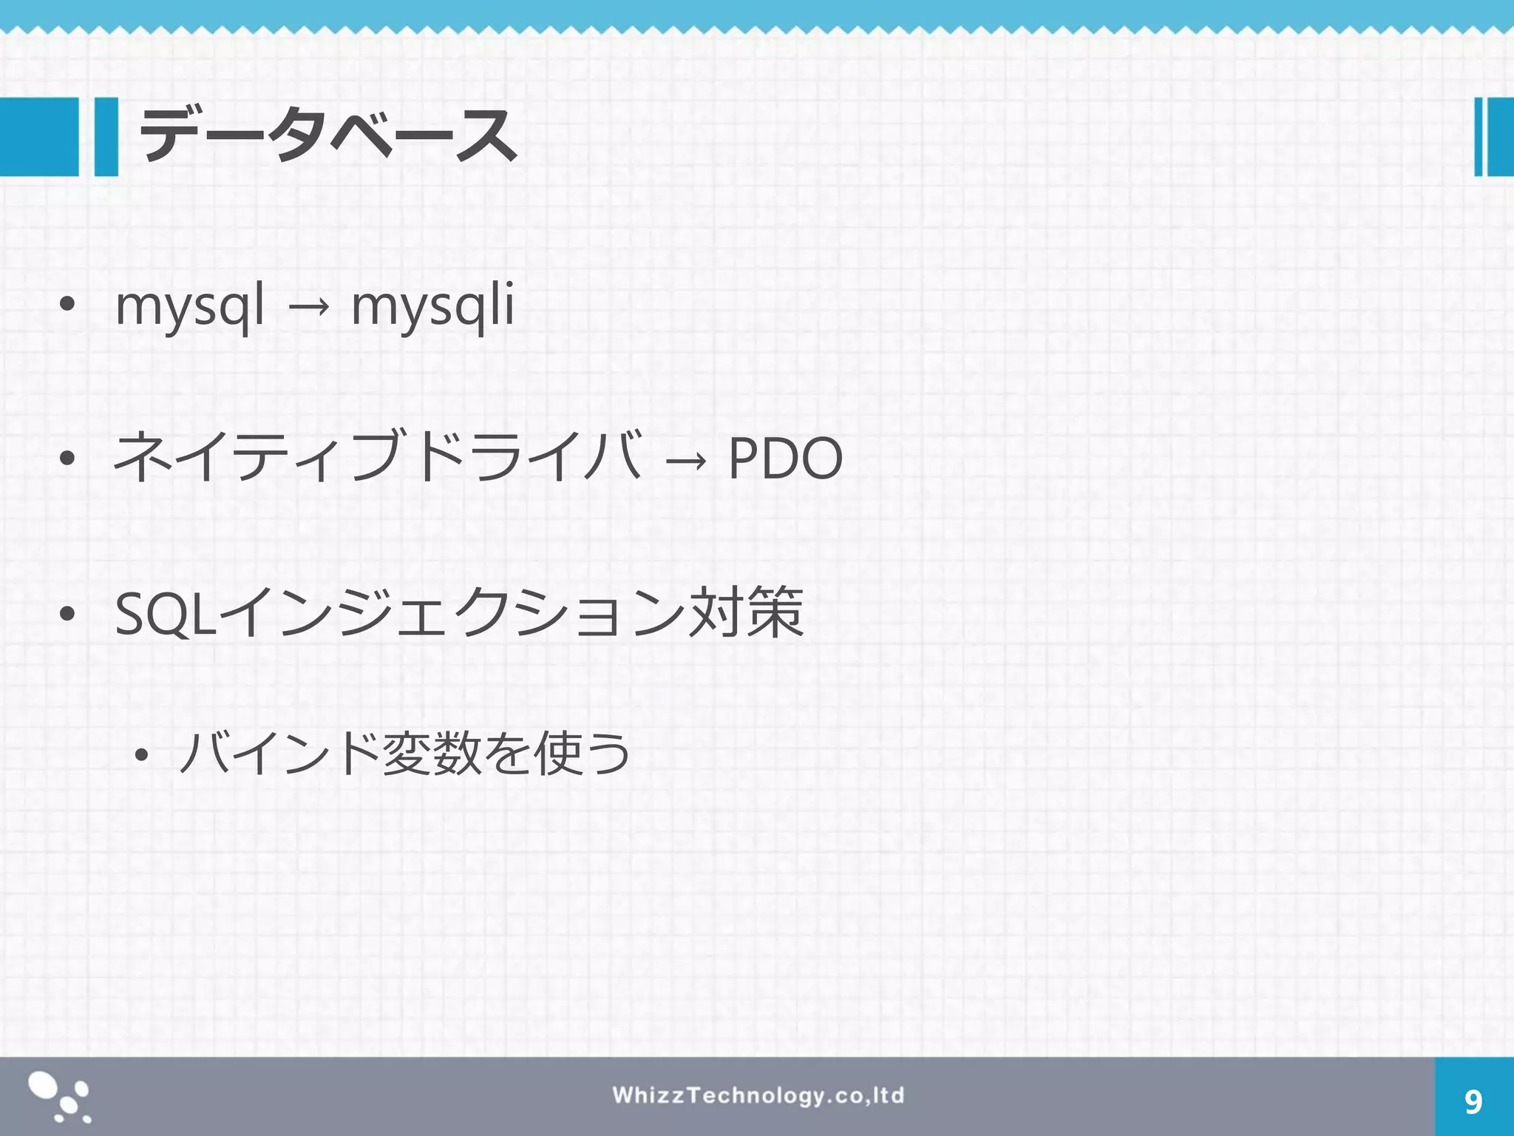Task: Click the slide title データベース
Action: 327,135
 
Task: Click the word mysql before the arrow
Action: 190,305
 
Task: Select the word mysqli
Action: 432,305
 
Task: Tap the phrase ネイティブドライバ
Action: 377,456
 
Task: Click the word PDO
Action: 785,459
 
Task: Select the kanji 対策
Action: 745,612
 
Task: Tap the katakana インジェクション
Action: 451,613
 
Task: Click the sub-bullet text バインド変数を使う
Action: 404,754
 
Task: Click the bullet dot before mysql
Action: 67,305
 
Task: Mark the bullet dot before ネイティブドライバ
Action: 67,459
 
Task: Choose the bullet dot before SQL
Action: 67,614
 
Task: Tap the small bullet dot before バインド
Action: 141,755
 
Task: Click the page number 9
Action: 1473,1102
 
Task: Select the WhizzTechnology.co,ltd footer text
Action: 758,1095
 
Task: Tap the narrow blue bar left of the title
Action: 106,137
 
